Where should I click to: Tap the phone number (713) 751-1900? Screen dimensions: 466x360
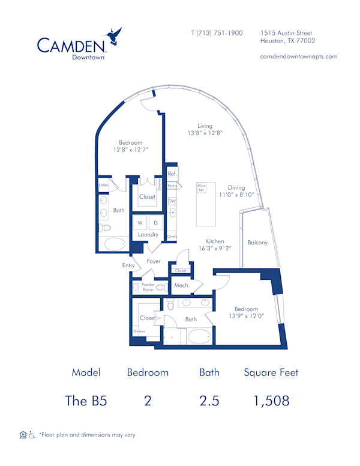click(216, 33)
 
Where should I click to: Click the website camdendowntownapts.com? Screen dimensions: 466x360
click(298, 56)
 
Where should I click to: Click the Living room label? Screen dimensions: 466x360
click(205, 126)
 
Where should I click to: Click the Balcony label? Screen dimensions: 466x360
click(257, 243)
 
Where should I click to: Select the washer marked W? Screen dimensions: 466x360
click(140, 223)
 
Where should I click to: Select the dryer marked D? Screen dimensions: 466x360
click(155, 223)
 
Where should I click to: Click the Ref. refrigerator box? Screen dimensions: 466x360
click(172, 174)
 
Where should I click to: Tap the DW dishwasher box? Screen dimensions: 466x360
click(172, 201)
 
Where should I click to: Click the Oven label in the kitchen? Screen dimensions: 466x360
click(172, 236)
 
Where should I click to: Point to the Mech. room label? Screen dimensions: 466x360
click(182, 285)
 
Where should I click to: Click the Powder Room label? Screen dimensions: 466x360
click(148, 287)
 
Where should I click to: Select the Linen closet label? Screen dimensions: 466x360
click(103, 186)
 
